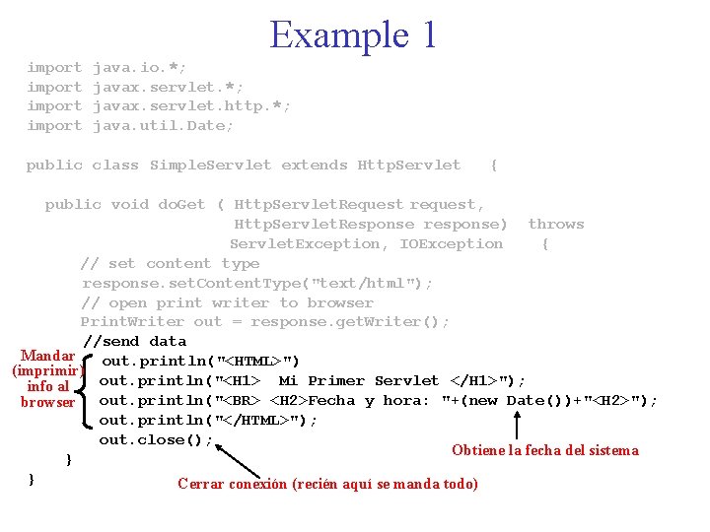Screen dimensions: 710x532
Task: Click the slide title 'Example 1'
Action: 352,35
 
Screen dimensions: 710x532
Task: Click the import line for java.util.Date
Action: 130,126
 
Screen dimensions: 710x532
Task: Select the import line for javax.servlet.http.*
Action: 159,106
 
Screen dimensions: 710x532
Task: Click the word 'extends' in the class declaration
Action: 315,166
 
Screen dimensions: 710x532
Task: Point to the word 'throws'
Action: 556,225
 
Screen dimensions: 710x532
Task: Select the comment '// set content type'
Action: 170,264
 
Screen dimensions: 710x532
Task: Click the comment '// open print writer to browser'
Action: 227,303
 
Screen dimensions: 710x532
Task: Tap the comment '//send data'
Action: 134,342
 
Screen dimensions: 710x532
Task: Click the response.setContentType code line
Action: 256,284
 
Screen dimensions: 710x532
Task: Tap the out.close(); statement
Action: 156,440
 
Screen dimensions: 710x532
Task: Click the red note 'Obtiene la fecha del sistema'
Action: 544,451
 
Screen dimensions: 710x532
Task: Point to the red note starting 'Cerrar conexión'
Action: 327,484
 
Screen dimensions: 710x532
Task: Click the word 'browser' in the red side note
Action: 48,402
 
